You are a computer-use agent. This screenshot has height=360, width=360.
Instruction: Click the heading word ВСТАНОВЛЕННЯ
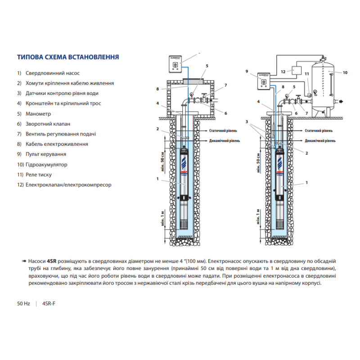click(x=94, y=58)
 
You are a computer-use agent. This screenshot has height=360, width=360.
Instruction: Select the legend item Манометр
click(x=38, y=114)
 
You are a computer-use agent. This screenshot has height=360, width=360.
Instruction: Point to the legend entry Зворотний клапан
click(x=48, y=124)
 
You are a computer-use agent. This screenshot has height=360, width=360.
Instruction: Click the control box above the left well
click(x=175, y=64)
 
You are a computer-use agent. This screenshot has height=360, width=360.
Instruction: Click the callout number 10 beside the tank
click(x=345, y=72)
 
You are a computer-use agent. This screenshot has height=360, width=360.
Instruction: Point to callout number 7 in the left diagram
click(x=225, y=85)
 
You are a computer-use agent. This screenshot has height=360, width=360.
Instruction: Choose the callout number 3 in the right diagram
click(x=247, y=122)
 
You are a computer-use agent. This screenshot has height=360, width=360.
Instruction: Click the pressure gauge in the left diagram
click(x=192, y=95)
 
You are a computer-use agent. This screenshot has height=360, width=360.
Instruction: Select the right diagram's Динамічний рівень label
click(x=320, y=140)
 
